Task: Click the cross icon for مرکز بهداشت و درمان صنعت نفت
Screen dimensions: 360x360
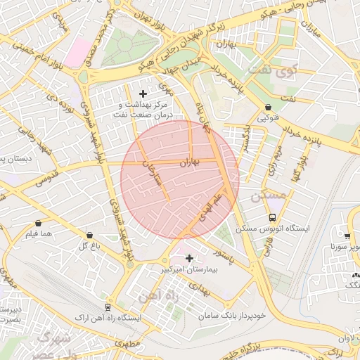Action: tap(143, 94)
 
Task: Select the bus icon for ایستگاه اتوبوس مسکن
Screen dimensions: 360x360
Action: tap(272, 217)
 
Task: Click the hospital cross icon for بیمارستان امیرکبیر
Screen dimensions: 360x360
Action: tap(189, 258)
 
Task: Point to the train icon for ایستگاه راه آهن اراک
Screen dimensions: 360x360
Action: tap(108, 307)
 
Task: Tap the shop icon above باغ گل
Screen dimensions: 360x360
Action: tap(89, 235)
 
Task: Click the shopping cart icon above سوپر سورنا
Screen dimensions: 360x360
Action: tap(347, 236)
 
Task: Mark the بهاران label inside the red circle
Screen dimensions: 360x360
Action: tap(189, 162)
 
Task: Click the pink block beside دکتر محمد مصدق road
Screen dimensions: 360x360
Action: tap(79, 53)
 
